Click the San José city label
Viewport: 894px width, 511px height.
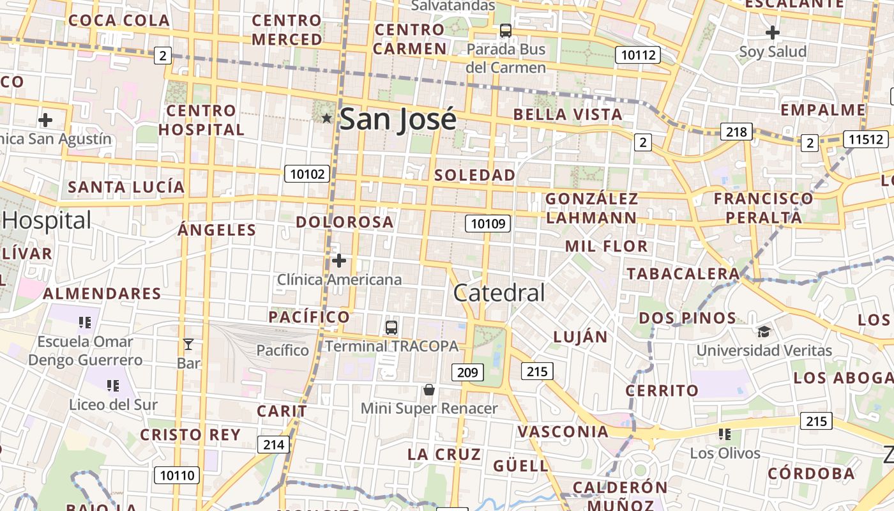pyautogui.click(x=398, y=119)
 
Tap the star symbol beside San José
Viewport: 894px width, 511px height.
pyautogui.click(x=326, y=118)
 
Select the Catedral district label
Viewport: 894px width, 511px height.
pyautogui.click(x=499, y=293)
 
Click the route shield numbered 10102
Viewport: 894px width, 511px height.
pyautogui.click(x=308, y=174)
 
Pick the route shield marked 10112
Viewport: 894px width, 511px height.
pyautogui.click(x=638, y=55)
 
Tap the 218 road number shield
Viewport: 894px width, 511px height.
pyautogui.click(x=736, y=132)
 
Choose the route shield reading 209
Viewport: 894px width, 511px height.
pyautogui.click(x=467, y=372)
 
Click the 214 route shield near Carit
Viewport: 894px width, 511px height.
pyautogui.click(x=273, y=445)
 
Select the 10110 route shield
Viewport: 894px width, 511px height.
pyautogui.click(x=176, y=475)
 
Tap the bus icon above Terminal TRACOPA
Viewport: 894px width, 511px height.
pyautogui.click(x=391, y=328)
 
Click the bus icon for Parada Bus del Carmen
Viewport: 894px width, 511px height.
pyautogui.click(x=505, y=30)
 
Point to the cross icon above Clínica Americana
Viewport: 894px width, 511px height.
pyautogui.click(x=339, y=261)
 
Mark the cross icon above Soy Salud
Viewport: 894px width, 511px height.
pyautogui.click(x=772, y=32)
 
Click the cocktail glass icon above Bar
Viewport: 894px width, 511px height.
pyautogui.click(x=188, y=345)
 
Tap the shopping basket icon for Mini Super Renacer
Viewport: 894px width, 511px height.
pyautogui.click(x=429, y=390)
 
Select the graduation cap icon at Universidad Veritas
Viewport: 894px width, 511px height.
pyautogui.click(x=764, y=332)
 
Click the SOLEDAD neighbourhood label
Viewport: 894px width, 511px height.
pyautogui.click(x=474, y=175)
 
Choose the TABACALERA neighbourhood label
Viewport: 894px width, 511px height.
pyautogui.click(x=683, y=274)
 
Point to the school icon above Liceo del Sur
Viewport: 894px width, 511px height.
pyautogui.click(x=113, y=385)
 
